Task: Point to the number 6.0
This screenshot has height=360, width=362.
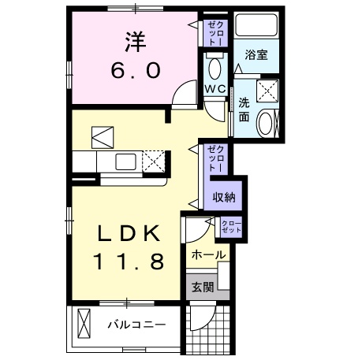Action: point(134,69)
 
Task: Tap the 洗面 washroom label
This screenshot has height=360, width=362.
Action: point(244,109)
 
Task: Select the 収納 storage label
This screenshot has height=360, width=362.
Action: point(224,198)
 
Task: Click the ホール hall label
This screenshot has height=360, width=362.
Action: point(209,254)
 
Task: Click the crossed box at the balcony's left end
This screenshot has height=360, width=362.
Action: point(85,324)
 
